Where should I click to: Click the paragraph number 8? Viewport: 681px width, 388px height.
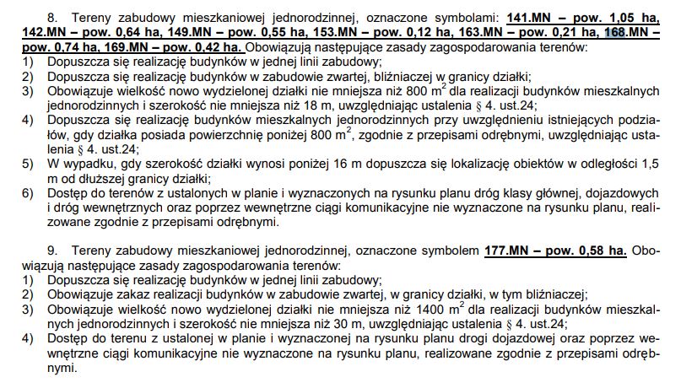(x=53, y=18)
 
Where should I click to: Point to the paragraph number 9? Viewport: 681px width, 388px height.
(x=53, y=251)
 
